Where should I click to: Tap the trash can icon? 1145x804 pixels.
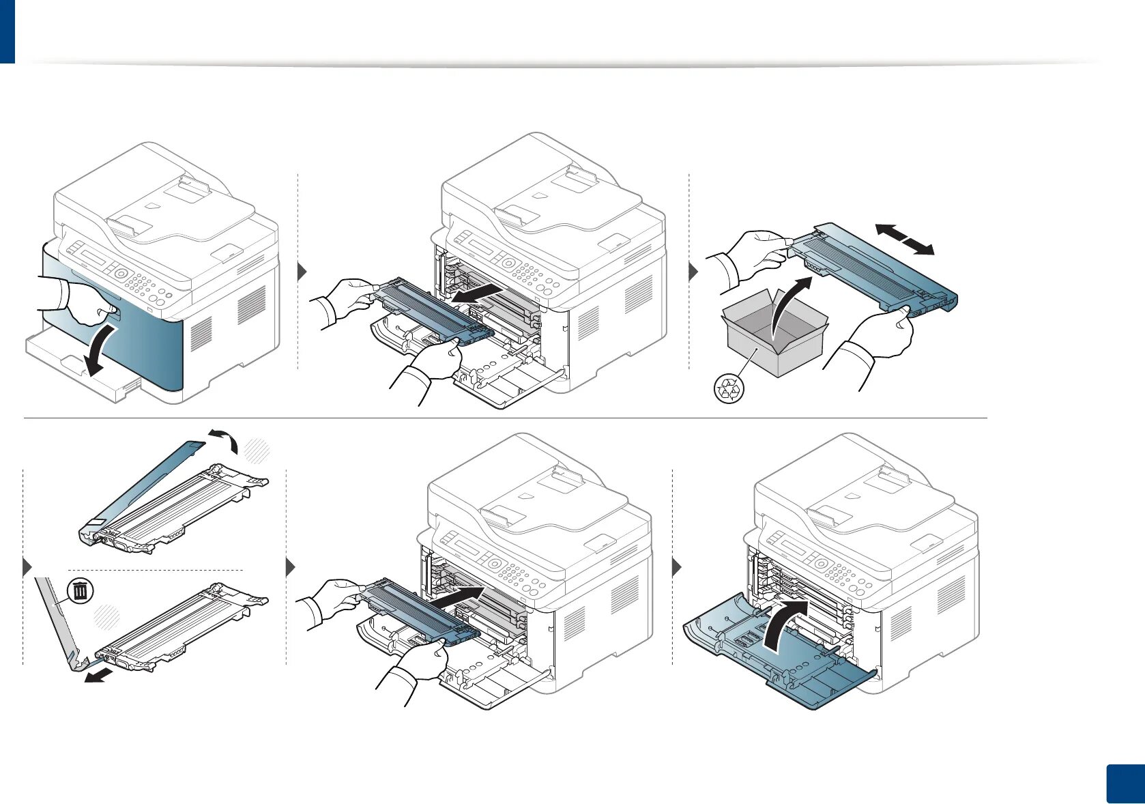coord(81,590)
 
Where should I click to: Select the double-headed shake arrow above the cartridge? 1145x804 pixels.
coord(904,240)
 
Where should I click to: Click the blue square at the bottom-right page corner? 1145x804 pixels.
coord(1124,785)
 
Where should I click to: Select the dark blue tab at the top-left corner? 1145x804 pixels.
coord(7,31)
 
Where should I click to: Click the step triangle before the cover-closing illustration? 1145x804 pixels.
coord(677,567)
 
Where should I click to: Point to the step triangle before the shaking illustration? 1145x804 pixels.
coord(694,272)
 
